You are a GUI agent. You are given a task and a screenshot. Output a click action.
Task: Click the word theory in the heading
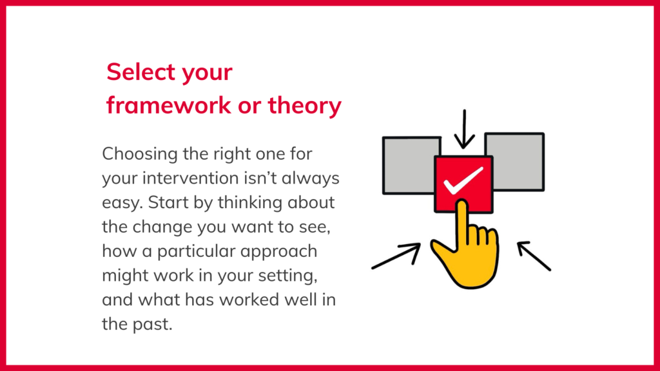coord(305,106)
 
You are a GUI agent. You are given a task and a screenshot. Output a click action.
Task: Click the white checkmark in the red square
coord(463,181)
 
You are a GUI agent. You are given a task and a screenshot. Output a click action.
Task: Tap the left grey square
coord(409,166)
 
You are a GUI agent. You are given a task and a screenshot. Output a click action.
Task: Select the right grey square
coord(518,162)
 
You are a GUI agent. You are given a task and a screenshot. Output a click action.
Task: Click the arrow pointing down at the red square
coord(464,129)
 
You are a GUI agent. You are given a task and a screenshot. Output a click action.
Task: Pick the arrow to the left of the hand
coord(396,256)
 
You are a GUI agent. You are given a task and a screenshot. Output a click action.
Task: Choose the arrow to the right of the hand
coord(534,256)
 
